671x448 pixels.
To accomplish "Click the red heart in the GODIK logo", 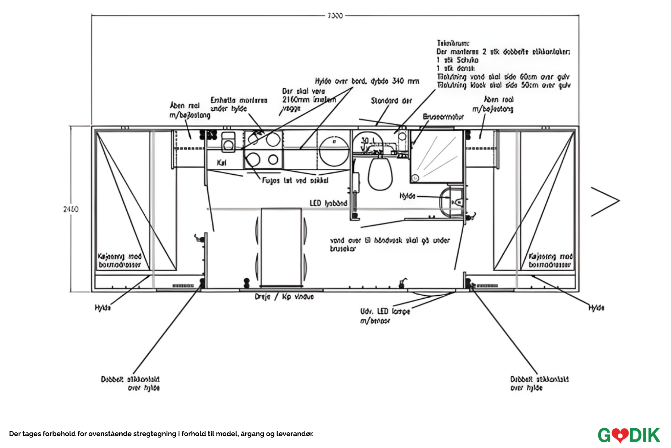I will tap(620, 435).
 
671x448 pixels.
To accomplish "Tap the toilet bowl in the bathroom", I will tap(380, 173).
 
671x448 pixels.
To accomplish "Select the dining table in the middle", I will tap(281, 247).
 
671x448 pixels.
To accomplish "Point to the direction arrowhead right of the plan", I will tap(606, 201).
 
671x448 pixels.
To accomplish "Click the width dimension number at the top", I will tap(335, 16).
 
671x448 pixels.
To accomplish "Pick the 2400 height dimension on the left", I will tap(71, 209).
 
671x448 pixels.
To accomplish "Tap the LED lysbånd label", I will tap(328, 203).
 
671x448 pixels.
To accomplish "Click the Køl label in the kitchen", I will tap(221, 163).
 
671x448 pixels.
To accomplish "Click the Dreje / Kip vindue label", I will tap(284, 297).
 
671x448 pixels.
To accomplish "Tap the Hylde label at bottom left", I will tap(103, 308).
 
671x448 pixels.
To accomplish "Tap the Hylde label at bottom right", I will tap(596, 308).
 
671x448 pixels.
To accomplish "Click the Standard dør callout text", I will tap(391, 101).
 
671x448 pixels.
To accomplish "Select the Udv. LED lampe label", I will tap(385, 312).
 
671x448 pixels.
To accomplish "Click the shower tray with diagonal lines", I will tap(437, 156).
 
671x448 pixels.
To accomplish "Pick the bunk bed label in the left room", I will tap(120, 261).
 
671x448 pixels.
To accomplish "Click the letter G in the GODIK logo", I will tap(605, 435).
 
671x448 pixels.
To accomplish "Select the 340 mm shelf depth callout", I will tap(367, 81).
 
